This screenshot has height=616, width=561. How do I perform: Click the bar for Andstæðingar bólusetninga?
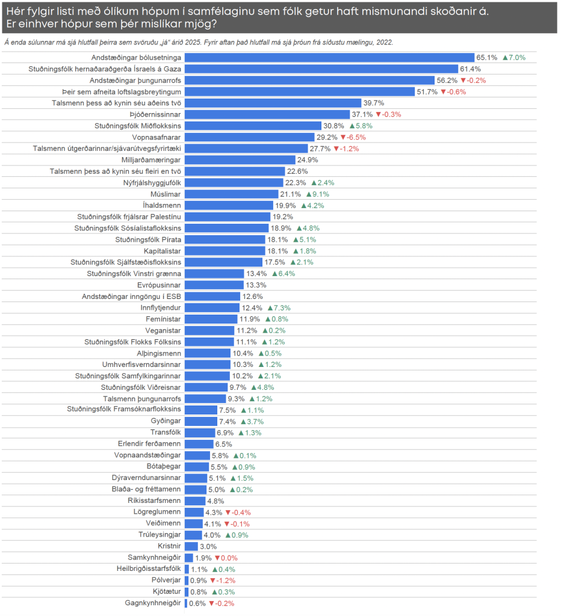(x=329, y=58)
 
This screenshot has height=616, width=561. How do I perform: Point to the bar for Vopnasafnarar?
(x=252, y=137)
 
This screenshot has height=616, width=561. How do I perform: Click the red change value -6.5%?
(x=353, y=137)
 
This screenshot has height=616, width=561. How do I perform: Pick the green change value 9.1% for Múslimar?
(x=317, y=194)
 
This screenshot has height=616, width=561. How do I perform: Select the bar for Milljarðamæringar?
(x=240, y=160)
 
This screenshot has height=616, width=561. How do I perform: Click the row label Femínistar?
(x=163, y=319)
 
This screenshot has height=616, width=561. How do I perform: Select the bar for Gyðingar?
(x=200, y=422)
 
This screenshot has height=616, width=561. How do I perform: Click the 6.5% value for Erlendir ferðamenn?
(x=223, y=444)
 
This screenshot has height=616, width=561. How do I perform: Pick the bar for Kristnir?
(x=191, y=546)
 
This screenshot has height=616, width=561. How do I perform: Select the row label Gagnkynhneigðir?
(x=153, y=603)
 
